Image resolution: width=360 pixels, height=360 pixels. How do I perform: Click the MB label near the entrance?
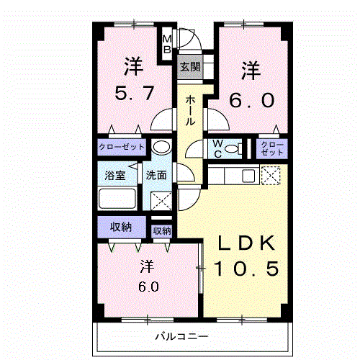pos(166,45)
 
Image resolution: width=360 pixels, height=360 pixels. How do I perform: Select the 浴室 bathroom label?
pos(114,174)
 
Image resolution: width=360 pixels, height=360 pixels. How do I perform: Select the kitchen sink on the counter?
pos(247,175)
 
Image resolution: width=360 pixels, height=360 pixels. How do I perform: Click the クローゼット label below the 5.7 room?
pos(122,147)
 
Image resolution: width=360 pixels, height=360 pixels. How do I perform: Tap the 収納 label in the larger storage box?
pos(120,227)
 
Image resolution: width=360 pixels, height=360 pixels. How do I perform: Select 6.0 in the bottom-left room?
pos(145,286)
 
